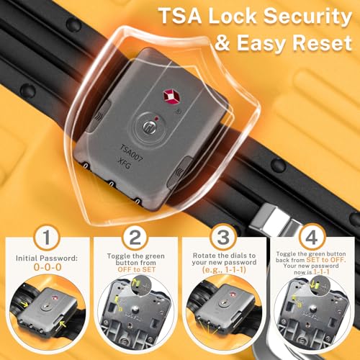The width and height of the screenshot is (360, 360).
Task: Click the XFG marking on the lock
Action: (124, 163)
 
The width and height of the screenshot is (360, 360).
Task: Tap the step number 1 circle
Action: (46, 237)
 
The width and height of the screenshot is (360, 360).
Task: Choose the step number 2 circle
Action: (135, 237)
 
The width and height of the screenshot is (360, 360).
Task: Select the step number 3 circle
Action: (223, 237)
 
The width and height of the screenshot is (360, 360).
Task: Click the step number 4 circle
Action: (312, 237)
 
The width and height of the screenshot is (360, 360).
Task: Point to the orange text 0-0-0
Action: (48, 267)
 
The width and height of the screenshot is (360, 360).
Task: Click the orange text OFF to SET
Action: (137, 269)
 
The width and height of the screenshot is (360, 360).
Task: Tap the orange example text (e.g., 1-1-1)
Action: (224, 270)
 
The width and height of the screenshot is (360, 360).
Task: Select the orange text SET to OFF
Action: (326, 260)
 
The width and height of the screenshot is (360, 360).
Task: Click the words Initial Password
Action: (47, 258)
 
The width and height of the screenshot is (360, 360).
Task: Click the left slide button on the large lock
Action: (99, 116)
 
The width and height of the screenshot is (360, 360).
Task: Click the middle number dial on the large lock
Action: (111, 184)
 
